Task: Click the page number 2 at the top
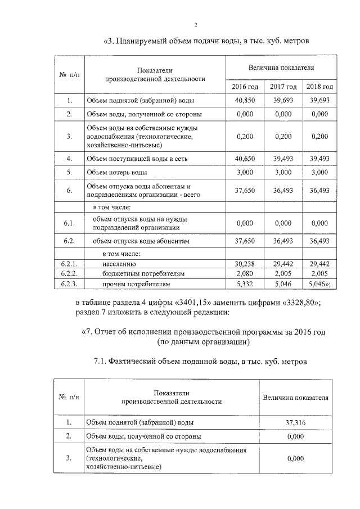click(196, 25)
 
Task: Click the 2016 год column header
click(245, 87)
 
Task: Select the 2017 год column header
click(283, 87)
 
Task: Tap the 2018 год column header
click(319, 87)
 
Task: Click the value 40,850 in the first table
click(245, 100)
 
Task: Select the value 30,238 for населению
click(245, 263)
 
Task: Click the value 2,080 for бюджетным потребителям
click(245, 273)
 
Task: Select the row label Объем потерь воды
click(117, 172)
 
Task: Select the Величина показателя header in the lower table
click(295, 397)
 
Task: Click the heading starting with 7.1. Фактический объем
click(200, 361)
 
